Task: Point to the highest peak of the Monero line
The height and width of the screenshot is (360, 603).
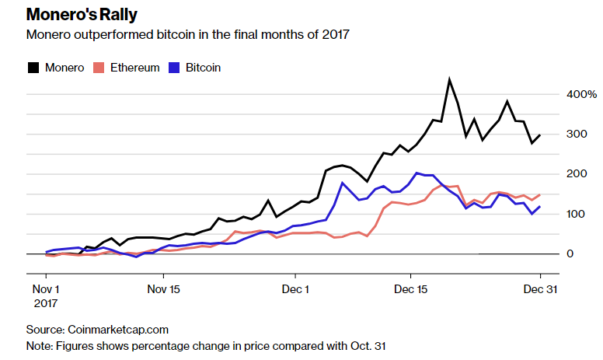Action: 449,79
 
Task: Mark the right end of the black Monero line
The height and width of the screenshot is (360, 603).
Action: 540,135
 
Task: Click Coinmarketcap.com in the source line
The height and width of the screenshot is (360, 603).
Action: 118,330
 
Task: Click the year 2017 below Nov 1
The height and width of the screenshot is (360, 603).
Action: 46,302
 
